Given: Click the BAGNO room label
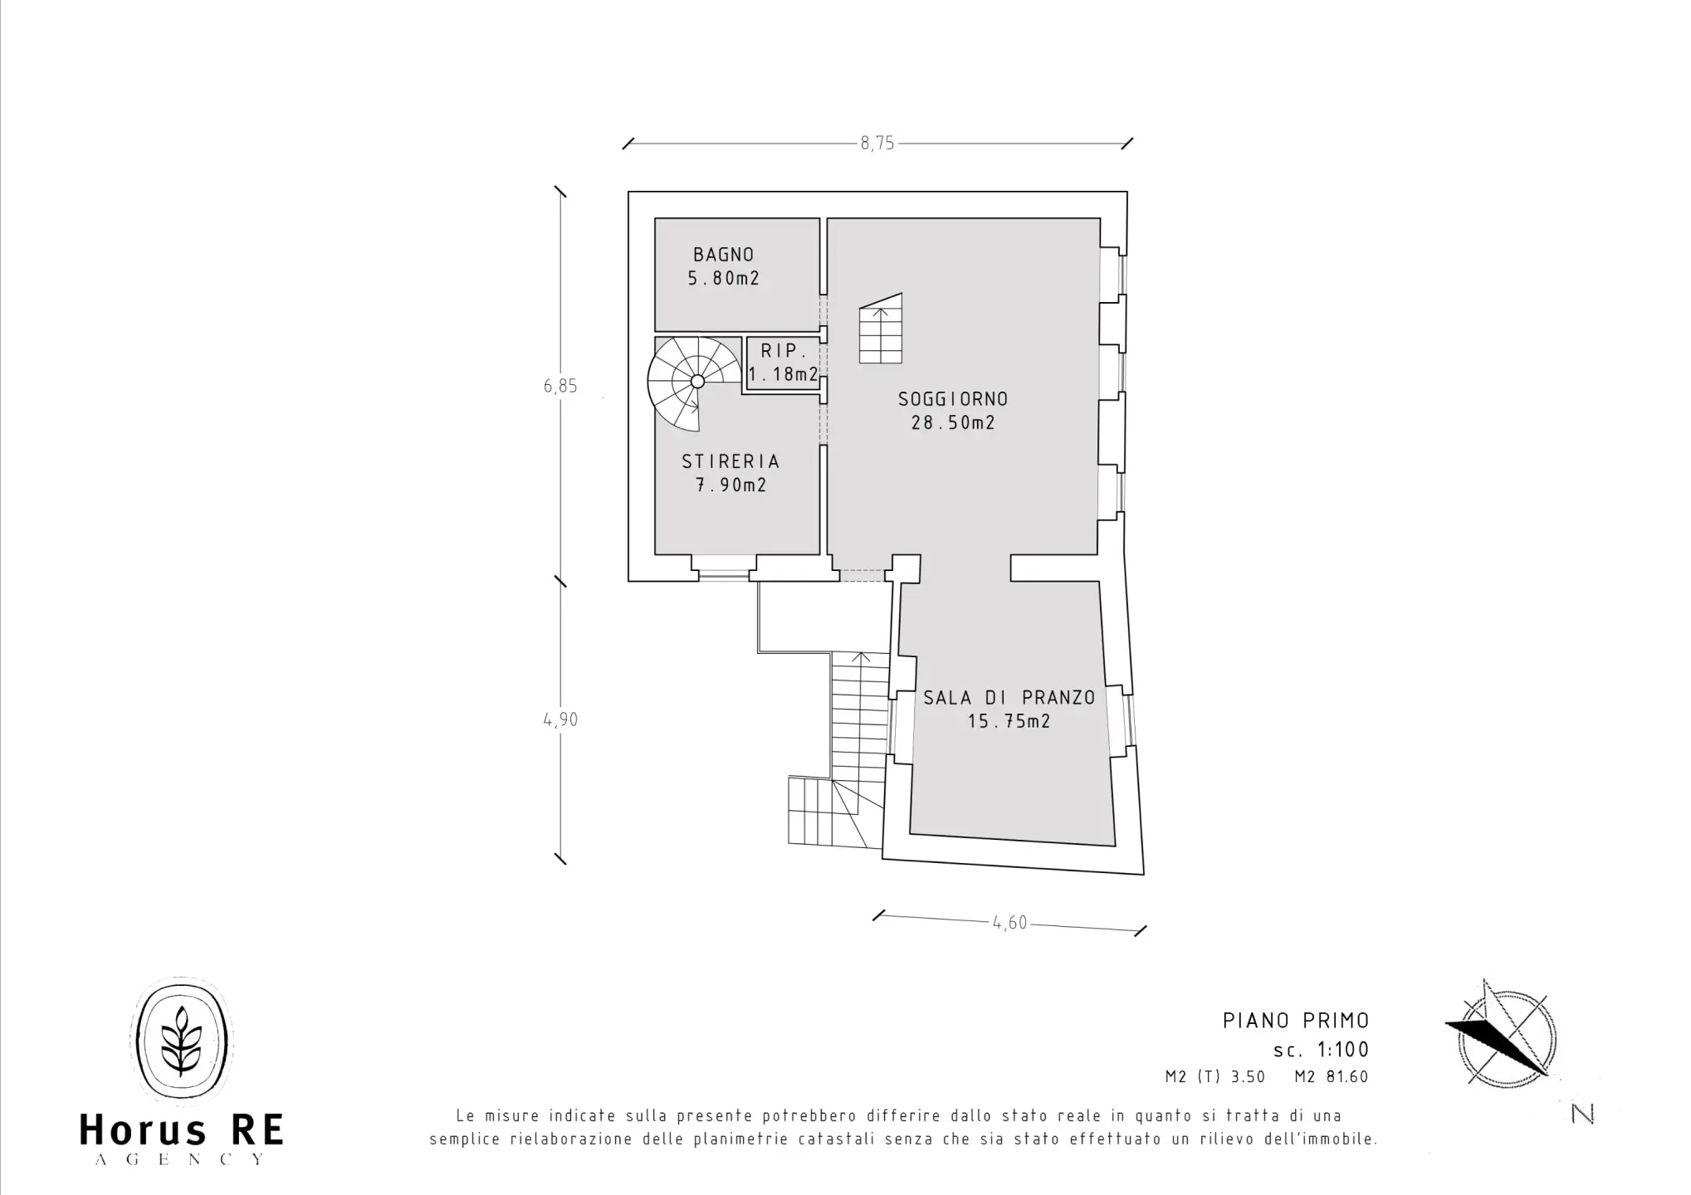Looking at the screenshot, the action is click(x=724, y=255).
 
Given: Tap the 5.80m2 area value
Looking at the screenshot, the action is click(x=724, y=279).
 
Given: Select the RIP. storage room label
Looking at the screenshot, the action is click(x=784, y=352).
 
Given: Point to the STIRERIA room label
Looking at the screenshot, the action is click(x=731, y=461).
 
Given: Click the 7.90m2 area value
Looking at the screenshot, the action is click(x=731, y=485).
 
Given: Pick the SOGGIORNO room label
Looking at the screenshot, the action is click(x=953, y=399).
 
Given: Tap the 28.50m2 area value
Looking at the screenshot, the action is click(x=953, y=423).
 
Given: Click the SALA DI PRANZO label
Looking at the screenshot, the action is click(x=1009, y=698).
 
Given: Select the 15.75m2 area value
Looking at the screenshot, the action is click(x=1009, y=722).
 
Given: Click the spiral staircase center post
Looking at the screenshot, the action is click(x=697, y=381).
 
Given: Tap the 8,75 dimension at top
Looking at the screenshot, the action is click(x=877, y=144).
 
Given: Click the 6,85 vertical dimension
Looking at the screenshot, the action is click(x=560, y=386).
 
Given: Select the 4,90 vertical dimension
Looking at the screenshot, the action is click(x=560, y=720).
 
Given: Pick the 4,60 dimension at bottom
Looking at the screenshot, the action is click(x=1010, y=923).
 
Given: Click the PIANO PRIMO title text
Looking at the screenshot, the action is click(x=1296, y=1021).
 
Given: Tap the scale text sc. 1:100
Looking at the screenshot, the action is click(x=1322, y=1050).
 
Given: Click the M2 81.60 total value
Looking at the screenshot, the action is click(x=1332, y=1077).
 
